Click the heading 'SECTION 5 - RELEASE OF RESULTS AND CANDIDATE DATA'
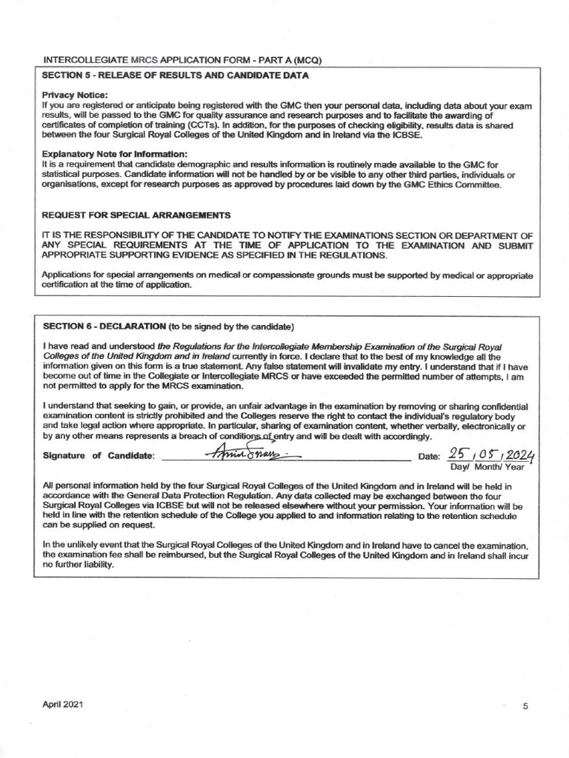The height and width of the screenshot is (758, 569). (176, 76)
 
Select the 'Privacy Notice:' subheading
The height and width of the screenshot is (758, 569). (76, 95)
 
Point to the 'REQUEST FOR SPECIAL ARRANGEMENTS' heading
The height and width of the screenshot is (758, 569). (136, 215)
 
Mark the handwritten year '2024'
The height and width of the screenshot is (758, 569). (522, 452)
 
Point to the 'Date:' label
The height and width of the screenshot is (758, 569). (430, 456)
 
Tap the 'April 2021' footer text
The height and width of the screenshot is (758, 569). (63, 705)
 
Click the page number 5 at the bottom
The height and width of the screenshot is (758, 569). (525, 706)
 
